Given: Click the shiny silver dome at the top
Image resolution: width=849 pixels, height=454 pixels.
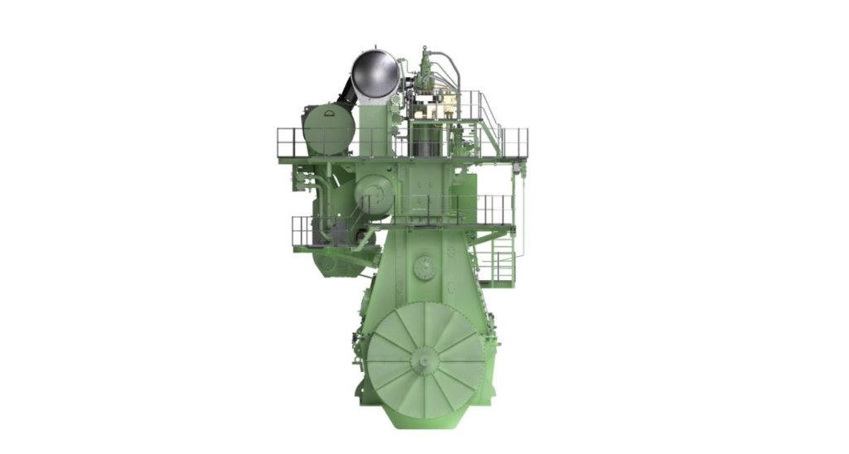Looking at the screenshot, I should point(376,75).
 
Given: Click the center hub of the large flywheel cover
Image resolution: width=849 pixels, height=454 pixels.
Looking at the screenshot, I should point(424,358).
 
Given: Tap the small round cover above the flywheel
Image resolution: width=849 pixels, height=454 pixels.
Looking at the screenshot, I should point(424,268).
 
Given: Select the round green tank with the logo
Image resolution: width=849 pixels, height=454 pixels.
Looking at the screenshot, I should point(328,129).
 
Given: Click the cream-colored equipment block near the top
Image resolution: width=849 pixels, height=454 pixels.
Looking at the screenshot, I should point(436,106).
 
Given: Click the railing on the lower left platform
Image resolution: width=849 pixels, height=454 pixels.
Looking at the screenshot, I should point(302,231).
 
